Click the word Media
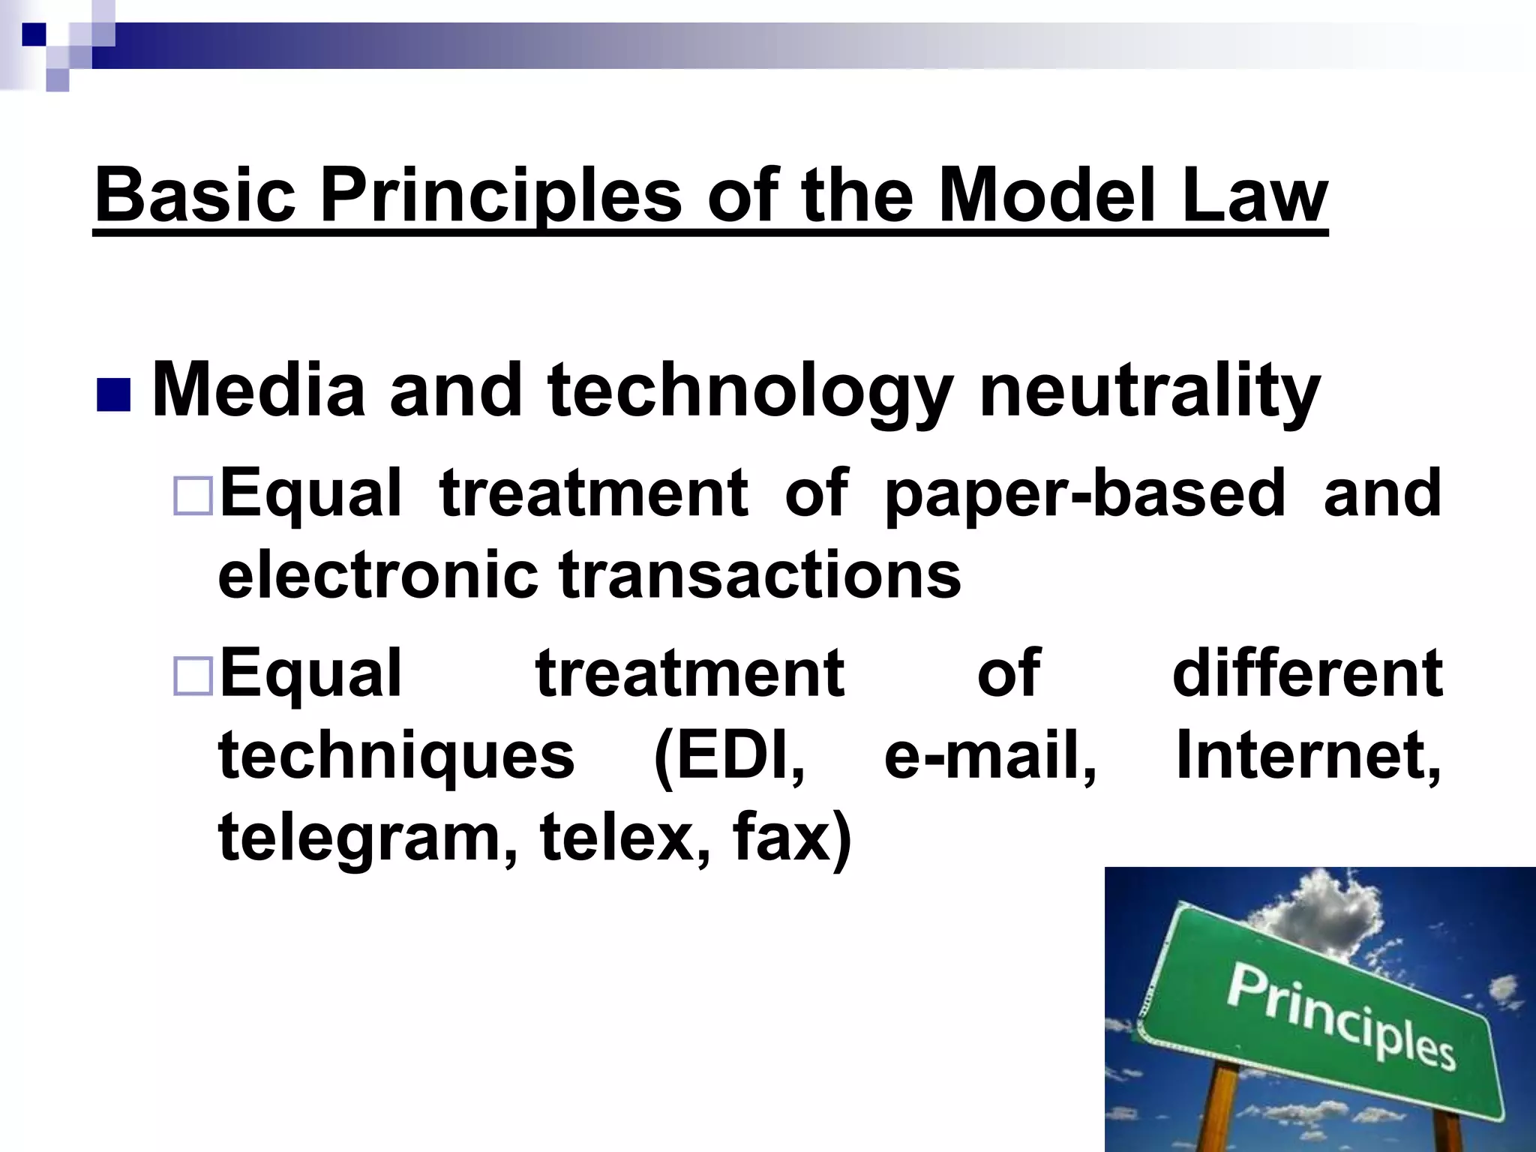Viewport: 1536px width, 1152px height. [258, 390]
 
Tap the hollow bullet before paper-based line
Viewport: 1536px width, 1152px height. [193, 495]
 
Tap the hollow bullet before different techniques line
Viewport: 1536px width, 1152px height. [193, 675]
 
